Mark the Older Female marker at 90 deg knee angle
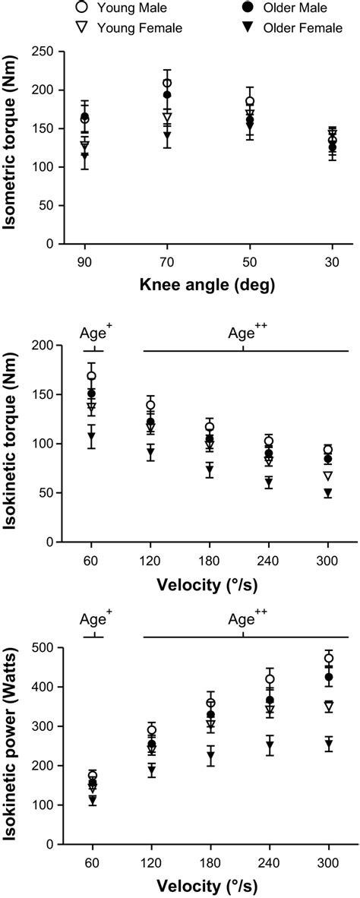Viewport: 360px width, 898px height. point(84,156)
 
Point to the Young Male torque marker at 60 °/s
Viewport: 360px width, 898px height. point(92,376)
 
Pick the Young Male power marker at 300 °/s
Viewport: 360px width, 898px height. point(329,658)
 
